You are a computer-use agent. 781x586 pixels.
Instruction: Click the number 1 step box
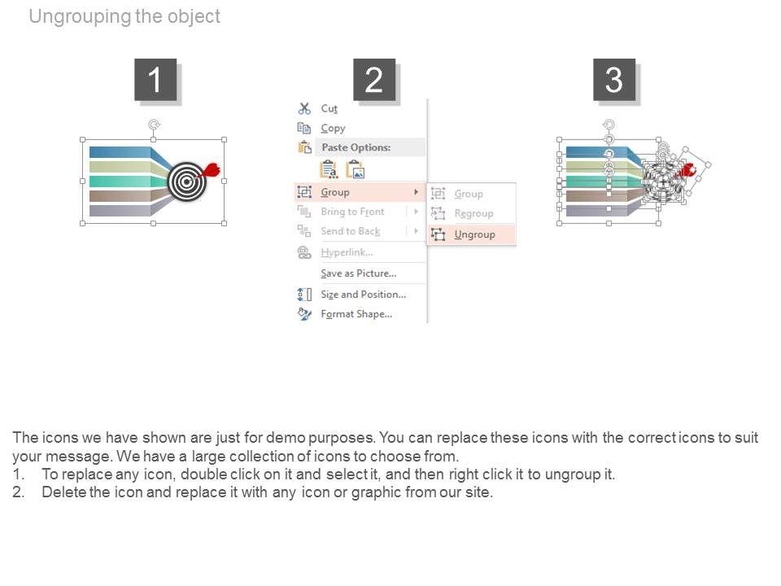coord(155,80)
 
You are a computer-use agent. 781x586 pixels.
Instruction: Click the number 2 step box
coord(374,80)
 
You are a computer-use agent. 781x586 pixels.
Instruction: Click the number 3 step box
coord(614,80)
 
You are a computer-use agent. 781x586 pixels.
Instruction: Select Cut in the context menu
coord(329,108)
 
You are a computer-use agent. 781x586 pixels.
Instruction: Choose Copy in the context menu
coord(333,128)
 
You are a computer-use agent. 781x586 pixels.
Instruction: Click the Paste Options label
coord(356,147)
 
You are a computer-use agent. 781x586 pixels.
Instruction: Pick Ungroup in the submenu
coord(474,234)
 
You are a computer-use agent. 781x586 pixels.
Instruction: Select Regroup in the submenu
coord(473,214)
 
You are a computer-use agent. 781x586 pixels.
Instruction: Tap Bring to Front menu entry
coord(352,212)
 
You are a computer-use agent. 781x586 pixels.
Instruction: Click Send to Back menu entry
coord(351,231)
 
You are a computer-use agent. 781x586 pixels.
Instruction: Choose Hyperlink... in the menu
coord(347,252)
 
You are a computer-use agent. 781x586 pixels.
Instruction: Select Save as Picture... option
coord(359,273)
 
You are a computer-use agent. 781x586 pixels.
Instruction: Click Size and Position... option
coord(363,295)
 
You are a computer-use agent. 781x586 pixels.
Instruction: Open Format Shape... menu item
coord(356,314)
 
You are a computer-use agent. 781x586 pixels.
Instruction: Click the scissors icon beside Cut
coord(304,108)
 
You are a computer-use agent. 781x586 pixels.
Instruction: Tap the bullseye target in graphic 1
coord(187,181)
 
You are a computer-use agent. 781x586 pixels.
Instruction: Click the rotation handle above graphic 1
coord(154,124)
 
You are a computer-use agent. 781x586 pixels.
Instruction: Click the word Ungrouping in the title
coord(81,16)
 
